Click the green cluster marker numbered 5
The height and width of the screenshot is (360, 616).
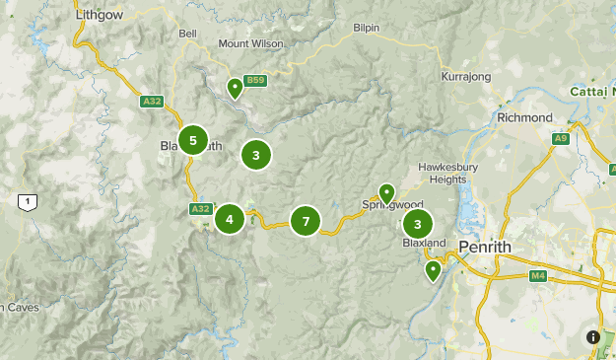[193, 140]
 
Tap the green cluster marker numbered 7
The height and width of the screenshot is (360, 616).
[307, 222]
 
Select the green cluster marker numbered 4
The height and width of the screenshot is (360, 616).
[230, 218]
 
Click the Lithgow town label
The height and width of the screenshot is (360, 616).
[97, 16]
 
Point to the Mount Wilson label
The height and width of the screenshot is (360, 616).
[250, 43]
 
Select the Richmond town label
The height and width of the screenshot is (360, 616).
[525, 117]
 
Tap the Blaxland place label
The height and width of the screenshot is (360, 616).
[425, 243]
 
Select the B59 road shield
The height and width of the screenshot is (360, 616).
[256, 80]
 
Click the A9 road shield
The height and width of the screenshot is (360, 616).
[560, 139]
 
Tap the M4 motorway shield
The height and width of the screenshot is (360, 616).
[537, 275]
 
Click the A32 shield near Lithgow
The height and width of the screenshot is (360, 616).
[151, 100]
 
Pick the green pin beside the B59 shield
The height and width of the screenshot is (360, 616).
[235, 88]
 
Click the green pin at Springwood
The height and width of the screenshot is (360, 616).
[387, 192]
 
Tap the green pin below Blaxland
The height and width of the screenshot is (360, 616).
[433, 269]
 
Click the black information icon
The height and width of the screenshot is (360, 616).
[593, 336]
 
